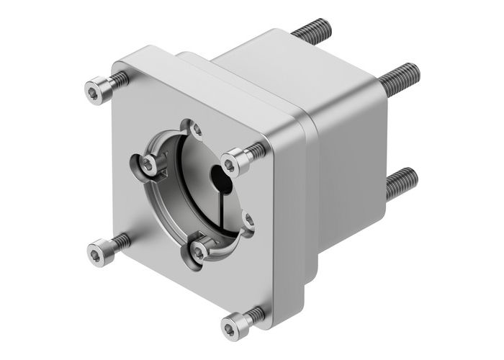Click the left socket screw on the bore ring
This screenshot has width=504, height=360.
pyautogui.click(x=148, y=166)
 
